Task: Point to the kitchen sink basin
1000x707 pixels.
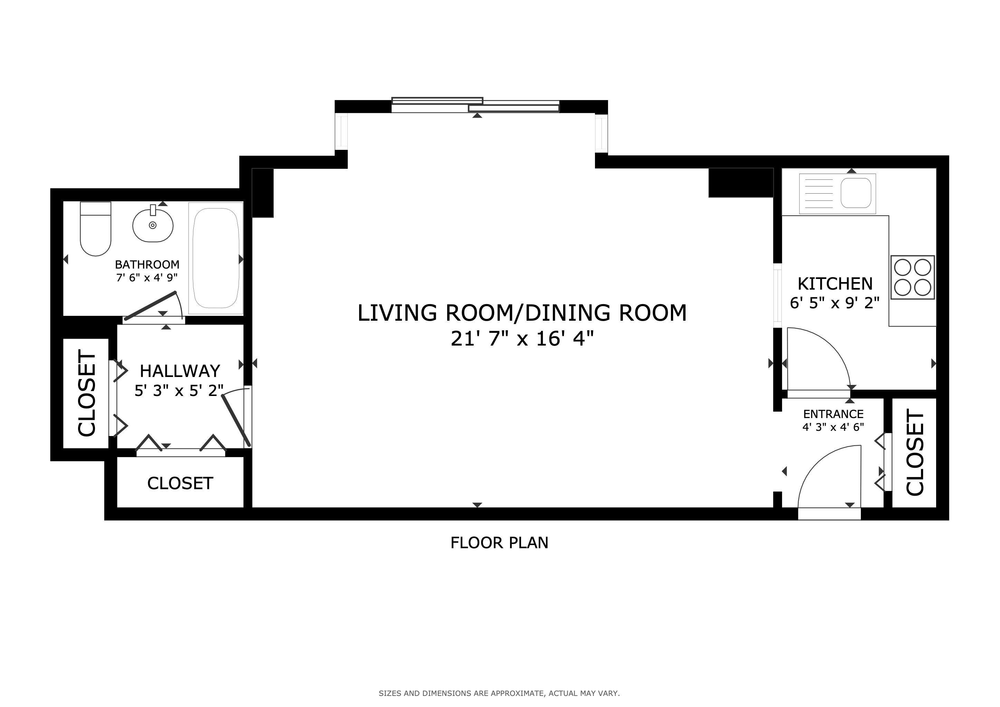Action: coord(856,193)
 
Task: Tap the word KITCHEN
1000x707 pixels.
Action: coord(835,284)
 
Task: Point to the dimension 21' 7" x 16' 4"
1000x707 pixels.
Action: coord(522,339)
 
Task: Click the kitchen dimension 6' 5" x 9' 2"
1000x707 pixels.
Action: coord(835,303)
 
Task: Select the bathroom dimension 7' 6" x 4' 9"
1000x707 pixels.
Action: coord(147,277)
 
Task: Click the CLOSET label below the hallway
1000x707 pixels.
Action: coord(180,483)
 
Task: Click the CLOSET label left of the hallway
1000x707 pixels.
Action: coord(87,394)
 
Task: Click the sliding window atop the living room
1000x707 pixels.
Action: coord(475,105)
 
